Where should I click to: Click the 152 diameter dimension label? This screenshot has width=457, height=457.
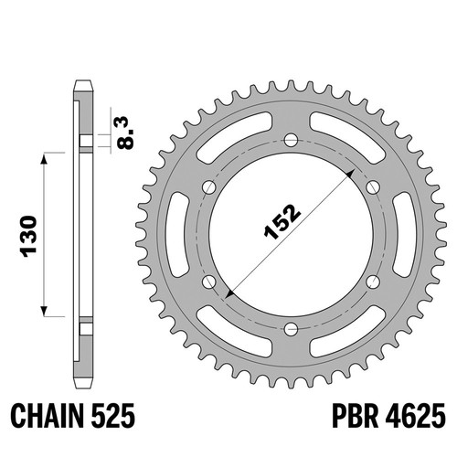coord(282,221)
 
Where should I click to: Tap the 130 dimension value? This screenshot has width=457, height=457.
coord(28,237)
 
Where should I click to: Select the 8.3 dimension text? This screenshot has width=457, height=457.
coord(126,133)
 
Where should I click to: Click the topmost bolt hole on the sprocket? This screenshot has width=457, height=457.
coord(291,140)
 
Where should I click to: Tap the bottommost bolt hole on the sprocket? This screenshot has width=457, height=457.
coord(291,329)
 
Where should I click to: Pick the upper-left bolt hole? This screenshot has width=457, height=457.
coord(209,187)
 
